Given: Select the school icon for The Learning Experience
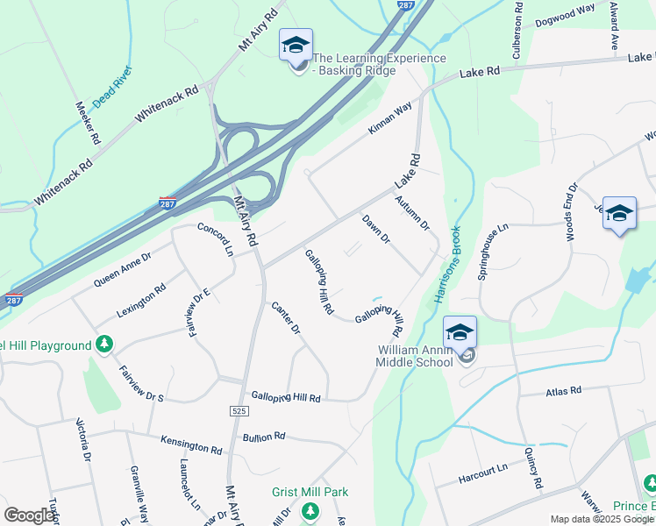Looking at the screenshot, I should pos(296,46).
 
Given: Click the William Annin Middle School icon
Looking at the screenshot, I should pos(460,332).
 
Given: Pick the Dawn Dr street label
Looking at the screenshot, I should pos(375,230).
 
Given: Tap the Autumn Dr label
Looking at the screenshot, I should pos(412,213).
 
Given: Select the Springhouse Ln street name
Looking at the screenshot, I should pos(493,252).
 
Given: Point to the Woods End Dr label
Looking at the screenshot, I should pos(571,212).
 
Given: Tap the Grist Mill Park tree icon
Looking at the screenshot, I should pos(309,510).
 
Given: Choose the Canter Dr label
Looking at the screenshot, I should pos(286,318).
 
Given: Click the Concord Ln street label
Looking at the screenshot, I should pos(216,239).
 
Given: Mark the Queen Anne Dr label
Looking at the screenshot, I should pos(123,269).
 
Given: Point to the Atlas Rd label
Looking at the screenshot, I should pos(563,390).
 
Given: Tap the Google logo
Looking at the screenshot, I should pos(29,515).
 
